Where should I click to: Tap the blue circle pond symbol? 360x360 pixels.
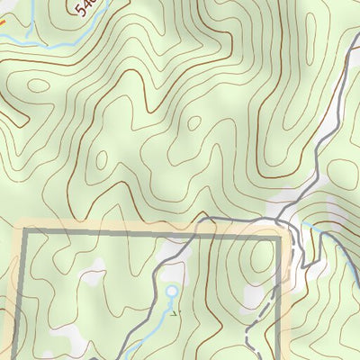point(172,291)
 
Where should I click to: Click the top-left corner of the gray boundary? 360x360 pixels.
point(24,233)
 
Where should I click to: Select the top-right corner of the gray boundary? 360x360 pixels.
point(280,236)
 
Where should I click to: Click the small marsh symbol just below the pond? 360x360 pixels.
point(173,312)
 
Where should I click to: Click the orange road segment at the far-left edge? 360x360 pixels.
point(3,20)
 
